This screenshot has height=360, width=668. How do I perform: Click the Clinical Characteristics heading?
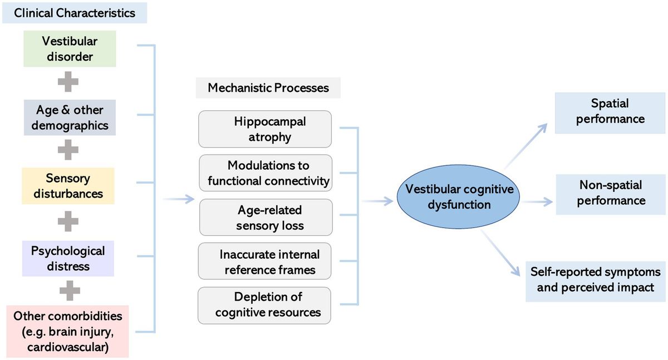tap(75, 13)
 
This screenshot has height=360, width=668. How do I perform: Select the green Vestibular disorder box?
tap(70, 49)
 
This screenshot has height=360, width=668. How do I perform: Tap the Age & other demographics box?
tap(70, 117)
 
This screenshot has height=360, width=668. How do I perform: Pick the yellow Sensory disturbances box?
tap(68, 186)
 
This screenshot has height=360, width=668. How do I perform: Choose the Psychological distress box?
tap(68, 258)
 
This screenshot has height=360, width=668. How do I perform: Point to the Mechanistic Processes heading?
tap(268, 88)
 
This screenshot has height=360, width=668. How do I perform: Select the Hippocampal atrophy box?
tap(265, 129)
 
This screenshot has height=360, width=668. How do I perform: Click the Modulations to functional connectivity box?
tap(266, 173)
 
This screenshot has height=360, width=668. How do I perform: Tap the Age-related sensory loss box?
tap(266, 218)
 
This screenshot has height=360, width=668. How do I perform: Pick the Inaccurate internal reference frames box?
tap(265, 262)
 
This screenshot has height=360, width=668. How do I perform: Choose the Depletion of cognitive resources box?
tap(264, 305)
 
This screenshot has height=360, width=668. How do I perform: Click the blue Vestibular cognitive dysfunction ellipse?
tap(459, 198)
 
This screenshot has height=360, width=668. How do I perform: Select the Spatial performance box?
tap(610, 112)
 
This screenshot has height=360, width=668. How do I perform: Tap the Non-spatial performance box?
tap(611, 193)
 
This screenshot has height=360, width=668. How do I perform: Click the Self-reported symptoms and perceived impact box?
tap(595, 280)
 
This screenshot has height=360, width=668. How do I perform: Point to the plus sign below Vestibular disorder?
tap(68, 82)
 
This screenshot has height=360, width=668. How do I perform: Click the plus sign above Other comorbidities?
tap(70, 290)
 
